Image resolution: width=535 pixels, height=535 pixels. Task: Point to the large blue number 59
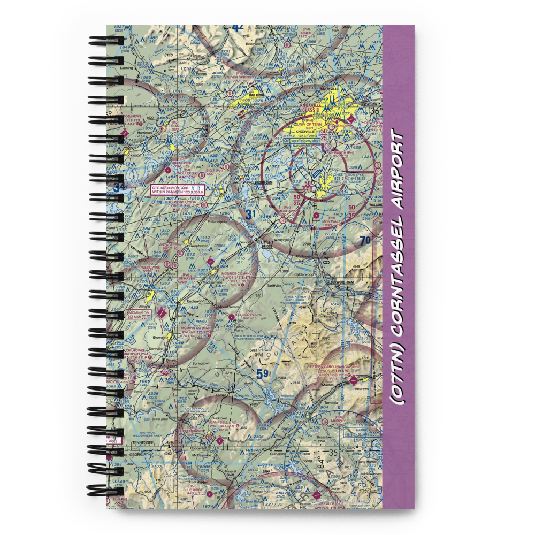click(x=263, y=374)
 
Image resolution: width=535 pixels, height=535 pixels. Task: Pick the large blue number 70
click(x=365, y=240)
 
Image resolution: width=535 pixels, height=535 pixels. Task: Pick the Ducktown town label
click(x=219, y=418)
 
